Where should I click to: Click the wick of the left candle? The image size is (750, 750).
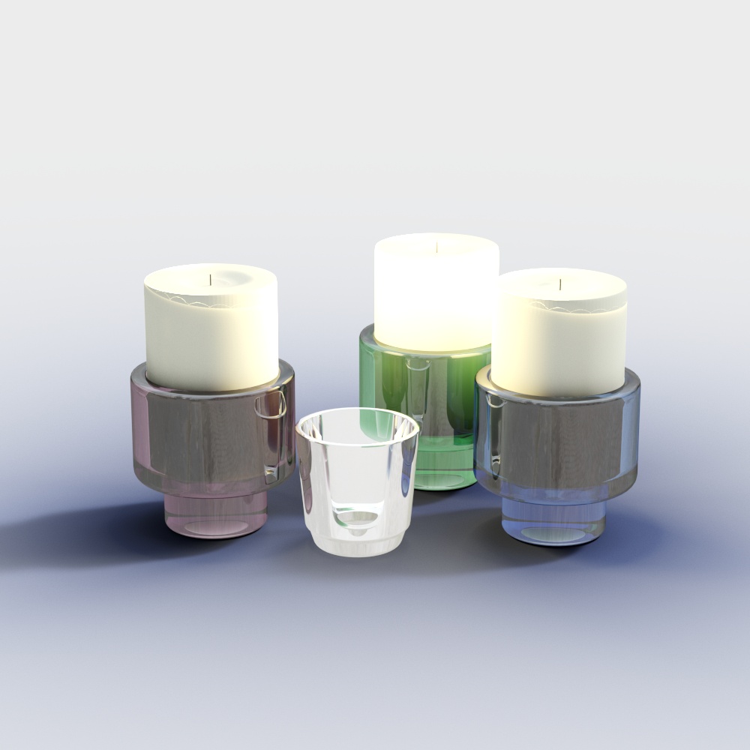211,280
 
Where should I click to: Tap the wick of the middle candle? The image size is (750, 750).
436,245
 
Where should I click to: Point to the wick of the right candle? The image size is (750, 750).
560,285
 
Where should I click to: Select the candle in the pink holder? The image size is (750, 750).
211,337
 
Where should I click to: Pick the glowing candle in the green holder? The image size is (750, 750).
436,300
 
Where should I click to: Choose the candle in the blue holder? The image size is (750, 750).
559,345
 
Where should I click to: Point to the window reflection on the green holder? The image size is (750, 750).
417,390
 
